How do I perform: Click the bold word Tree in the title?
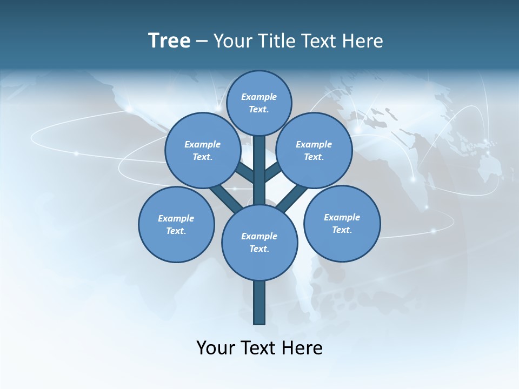click(x=169, y=41)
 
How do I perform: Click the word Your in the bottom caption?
click(x=216, y=347)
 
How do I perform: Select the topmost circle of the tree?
click(x=259, y=103)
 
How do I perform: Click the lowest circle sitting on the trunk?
click(x=259, y=243)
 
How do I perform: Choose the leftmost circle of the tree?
click(x=176, y=224)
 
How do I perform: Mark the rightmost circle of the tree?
click(x=342, y=223)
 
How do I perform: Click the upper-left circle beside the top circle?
click(x=203, y=150)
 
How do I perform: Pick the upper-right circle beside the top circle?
click(x=314, y=150)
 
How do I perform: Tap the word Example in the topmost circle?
click(x=259, y=97)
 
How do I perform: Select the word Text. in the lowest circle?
click(x=259, y=249)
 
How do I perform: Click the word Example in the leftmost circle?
click(x=176, y=218)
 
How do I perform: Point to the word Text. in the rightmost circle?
click(x=342, y=230)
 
